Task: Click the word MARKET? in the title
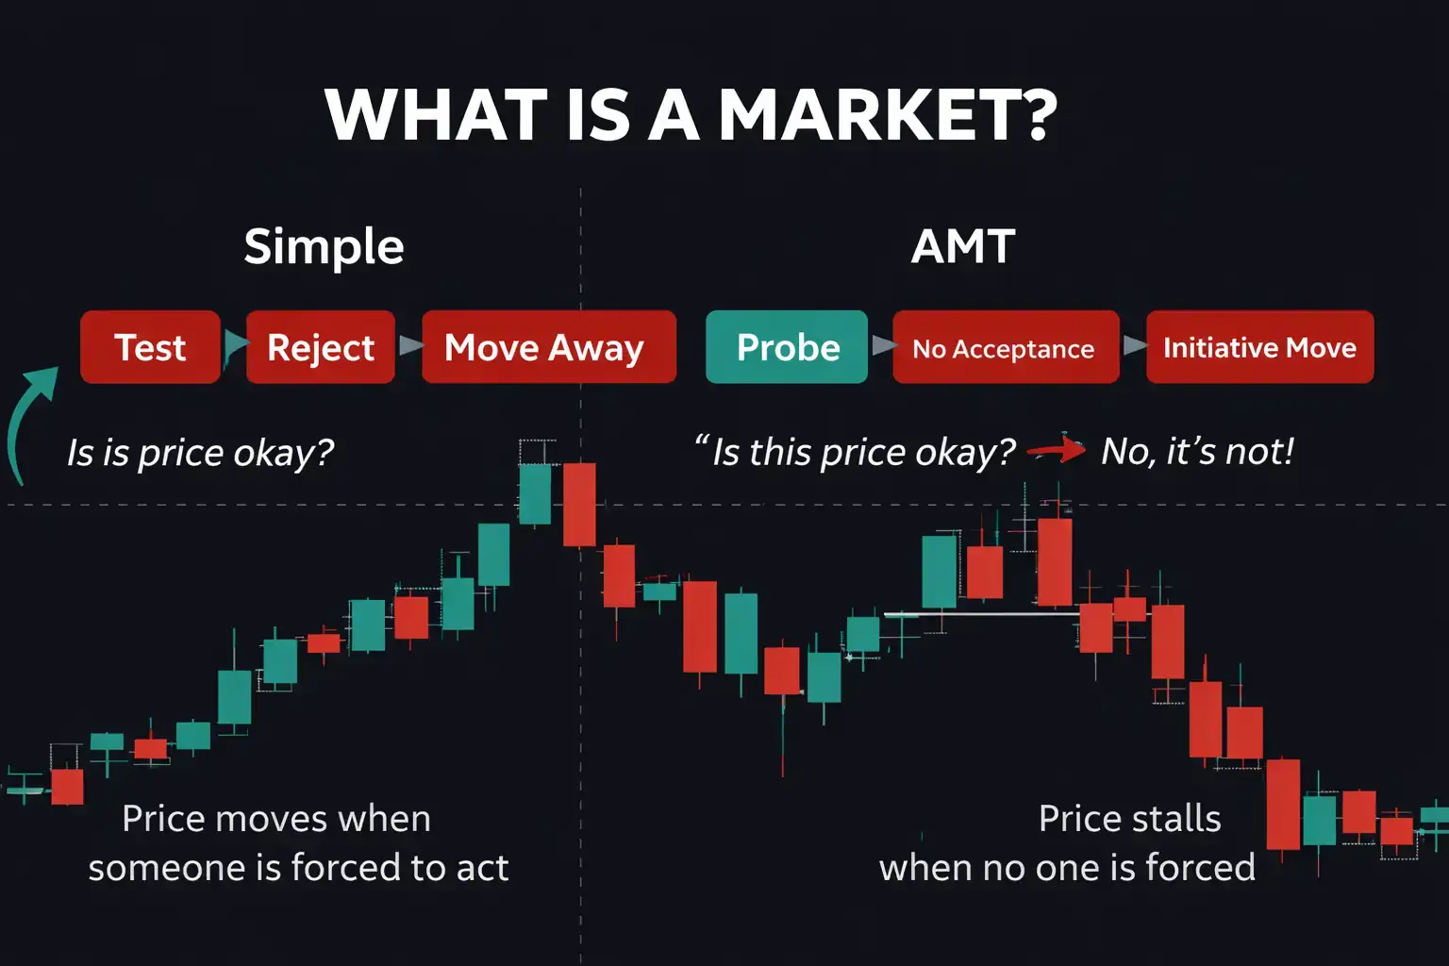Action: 887,115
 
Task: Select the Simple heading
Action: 324,247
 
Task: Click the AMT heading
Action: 963,247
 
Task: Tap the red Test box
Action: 150,347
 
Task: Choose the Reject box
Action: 320,347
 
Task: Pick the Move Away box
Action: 548,347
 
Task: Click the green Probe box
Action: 786,347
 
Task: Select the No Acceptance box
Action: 1005,348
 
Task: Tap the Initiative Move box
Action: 1259,347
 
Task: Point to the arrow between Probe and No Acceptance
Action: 882,346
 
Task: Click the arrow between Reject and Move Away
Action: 409,346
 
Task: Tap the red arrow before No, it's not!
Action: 1058,450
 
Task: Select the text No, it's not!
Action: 1197,452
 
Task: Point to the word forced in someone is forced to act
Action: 350,867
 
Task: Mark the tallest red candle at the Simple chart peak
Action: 579,504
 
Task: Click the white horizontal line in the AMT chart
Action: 981,614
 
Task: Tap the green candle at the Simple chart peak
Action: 535,493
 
